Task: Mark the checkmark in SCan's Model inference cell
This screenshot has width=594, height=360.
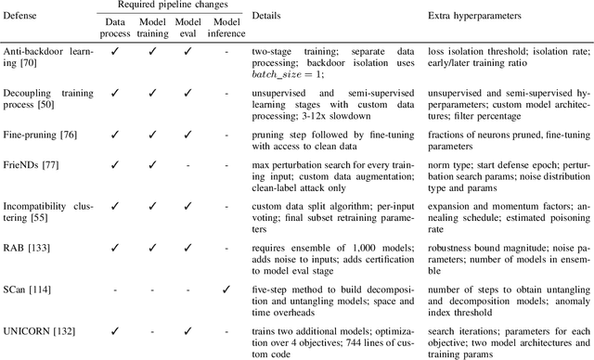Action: coord(225,289)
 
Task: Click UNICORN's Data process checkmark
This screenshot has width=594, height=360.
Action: coord(115,330)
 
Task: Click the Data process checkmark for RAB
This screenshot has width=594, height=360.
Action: coord(115,249)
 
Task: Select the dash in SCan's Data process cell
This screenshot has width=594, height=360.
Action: coord(115,289)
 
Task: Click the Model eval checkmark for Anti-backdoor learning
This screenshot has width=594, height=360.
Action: coord(187,53)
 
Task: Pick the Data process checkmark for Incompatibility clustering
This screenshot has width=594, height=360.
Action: coord(115,204)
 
